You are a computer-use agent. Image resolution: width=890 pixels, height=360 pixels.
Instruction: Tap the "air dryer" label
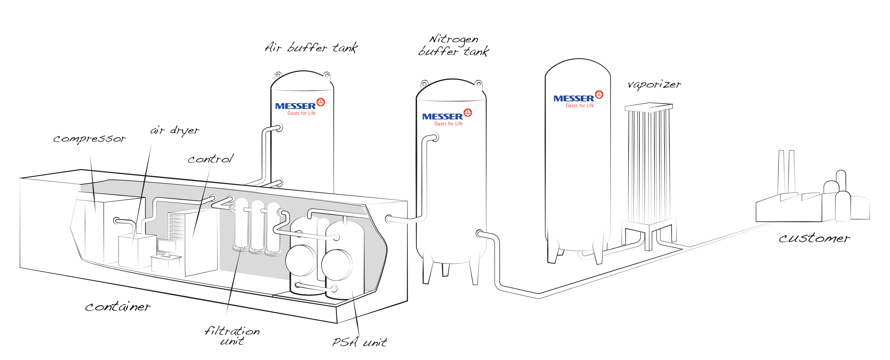tap(174, 131)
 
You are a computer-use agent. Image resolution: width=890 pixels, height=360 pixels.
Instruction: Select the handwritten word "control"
tap(210, 159)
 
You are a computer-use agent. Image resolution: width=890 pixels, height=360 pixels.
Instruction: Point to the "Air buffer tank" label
tap(311, 47)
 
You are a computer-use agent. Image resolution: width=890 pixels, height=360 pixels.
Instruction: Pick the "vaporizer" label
tap(654, 84)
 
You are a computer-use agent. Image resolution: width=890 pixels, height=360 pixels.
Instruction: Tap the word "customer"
tap(814, 238)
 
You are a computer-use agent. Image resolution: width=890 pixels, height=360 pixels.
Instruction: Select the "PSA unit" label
tap(359, 342)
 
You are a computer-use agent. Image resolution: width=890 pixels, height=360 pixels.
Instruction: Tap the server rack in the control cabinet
tap(176, 226)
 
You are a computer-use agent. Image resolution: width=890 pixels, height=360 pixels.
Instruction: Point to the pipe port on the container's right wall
tap(389, 219)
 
